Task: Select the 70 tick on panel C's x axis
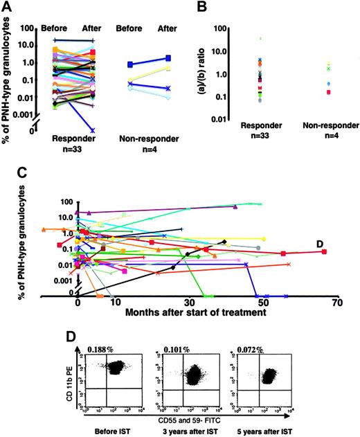tap(336, 302)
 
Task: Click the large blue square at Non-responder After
tap(169, 59)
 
